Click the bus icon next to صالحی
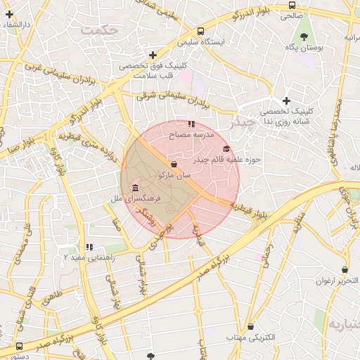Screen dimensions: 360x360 coord(292,5)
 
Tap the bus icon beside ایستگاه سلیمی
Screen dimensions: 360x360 coord(201,32)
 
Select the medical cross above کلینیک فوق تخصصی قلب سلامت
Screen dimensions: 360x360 coord(153,55)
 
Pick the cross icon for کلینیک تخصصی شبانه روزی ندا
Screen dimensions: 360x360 coord(286,101)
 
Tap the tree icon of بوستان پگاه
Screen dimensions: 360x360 coord(304,37)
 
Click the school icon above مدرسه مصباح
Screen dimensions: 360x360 coord(191,124)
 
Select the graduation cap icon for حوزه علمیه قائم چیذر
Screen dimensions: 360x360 coord(226,149)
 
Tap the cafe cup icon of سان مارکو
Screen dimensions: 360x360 coord(174,164)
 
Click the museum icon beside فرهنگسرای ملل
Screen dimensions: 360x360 coord(134,187)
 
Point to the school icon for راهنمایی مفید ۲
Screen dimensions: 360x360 coord(89,247)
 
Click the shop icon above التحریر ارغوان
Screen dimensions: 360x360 coord(345,270)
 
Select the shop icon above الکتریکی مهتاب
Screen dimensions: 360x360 coord(251,326)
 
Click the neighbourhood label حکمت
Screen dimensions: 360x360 coord(98,31)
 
